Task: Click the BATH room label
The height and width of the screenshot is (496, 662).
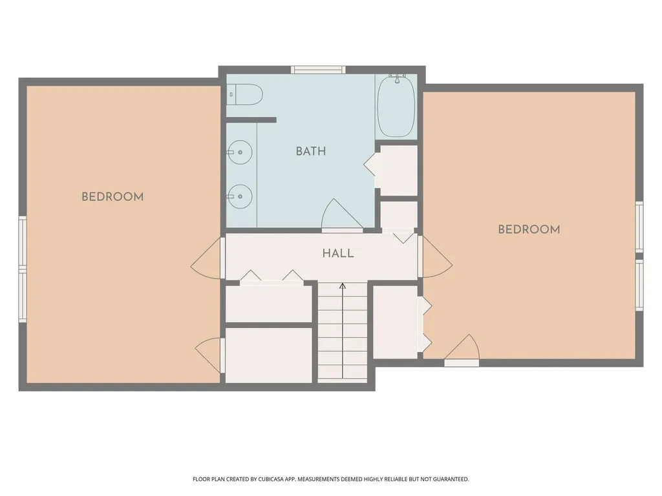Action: coord(311,151)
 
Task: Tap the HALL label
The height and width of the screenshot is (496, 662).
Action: coord(337,253)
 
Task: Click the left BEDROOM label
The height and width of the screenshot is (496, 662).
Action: coord(112,196)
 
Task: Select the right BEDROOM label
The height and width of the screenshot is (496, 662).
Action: coord(529,229)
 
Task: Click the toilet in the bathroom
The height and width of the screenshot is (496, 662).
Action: coord(245,94)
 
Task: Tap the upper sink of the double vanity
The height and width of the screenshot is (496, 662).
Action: coord(239,152)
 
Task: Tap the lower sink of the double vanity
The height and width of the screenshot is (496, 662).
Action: coord(239,196)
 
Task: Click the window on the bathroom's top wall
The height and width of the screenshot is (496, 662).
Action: coord(318,70)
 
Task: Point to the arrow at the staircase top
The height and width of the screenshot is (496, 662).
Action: coord(343,286)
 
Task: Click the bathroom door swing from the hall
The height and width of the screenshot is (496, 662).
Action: coord(341,215)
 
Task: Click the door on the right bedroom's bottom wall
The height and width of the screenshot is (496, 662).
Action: coord(462,350)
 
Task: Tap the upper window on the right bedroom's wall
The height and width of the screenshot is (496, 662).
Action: coord(639,227)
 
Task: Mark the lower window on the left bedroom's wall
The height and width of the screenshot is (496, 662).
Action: coord(23,296)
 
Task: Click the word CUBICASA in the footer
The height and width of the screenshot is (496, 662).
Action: coord(275,479)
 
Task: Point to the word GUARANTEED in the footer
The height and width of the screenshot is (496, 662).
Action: coord(452,479)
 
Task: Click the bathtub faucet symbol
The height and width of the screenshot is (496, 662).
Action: coord(397,78)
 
